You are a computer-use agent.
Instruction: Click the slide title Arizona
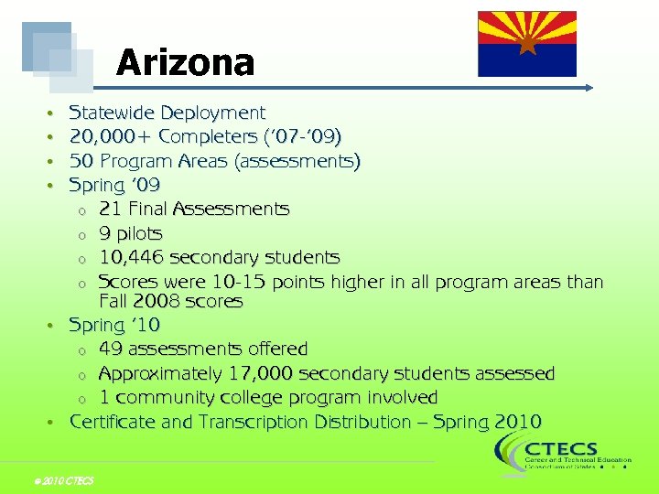click(185, 63)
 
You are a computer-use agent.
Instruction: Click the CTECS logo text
click(561, 448)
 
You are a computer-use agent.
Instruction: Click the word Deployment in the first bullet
click(212, 113)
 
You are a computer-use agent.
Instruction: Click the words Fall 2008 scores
click(170, 301)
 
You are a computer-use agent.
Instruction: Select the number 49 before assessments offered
click(111, 349)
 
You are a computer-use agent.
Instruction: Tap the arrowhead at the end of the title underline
click(589, 88)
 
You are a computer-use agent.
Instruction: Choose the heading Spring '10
click(114, 325)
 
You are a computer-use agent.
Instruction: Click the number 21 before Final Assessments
click(110, 209)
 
